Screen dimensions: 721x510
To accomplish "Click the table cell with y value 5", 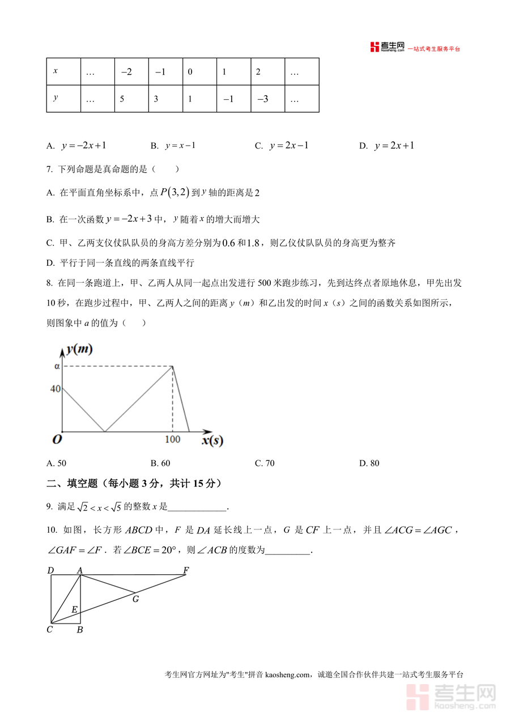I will pyautogui.click(x=131, y=99).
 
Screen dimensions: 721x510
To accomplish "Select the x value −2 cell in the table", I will pyautogui.click(x=131, y=72).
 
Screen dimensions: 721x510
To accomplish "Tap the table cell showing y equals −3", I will pyautogui.click(x=267, y=99).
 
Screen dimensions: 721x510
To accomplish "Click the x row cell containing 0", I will pyautogui.click(x=199, y=72).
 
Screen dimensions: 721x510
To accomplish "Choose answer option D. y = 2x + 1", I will pyautogui.click(x=387, y=146).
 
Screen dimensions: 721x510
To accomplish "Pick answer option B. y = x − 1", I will pyautogui.click(x=173, y=146).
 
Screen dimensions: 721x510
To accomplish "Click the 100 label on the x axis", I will pyautogui.click(x=172, y=440).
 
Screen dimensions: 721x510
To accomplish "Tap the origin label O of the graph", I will pyautogui.click(x=57, y=440).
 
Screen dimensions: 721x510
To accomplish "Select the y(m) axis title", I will pyautogui.click(x=79, y=349).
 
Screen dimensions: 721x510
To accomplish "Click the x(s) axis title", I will pyautogui.click(x=212, y=440).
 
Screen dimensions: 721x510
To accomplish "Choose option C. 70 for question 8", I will pyautogui.click(x=265, y=463).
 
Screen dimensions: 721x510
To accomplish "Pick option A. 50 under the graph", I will pyautogui.click(x=57, y=463).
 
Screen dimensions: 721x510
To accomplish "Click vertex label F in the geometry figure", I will pyautogui.click(x=186, y=570).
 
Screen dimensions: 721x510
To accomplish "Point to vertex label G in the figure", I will pyautogui.click(x=135, y=599).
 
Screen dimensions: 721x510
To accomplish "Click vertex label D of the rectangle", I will pyautogui.click(x=50, y=570).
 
